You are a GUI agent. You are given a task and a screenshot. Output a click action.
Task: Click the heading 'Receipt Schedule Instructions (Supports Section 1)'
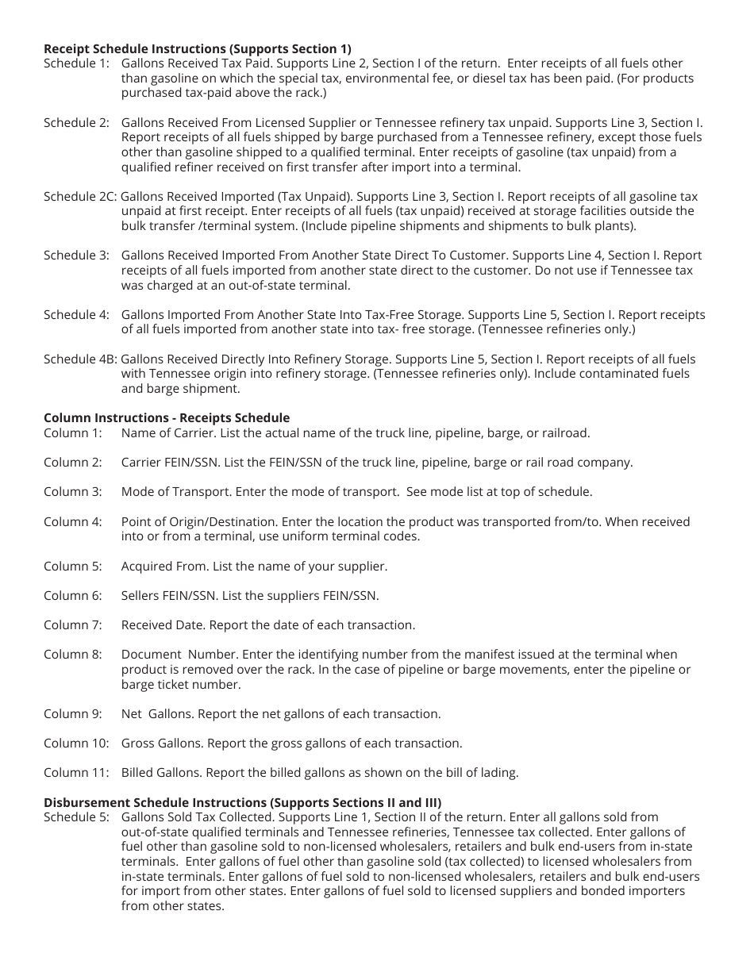click(x=197, y=48)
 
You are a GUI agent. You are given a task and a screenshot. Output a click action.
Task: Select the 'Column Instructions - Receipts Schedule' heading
click(x=167, y=418)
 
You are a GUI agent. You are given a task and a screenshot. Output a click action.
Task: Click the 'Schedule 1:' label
click(x=76, y=63)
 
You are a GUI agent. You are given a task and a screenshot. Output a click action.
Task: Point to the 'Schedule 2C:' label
click(x=80, y=197)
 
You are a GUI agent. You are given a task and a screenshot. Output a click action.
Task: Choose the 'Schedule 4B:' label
click(x=80, y=359)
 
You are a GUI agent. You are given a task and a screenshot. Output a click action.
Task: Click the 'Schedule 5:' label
click(x=76, y=817)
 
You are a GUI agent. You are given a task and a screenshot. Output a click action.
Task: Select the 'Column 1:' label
click(x=73, y=433)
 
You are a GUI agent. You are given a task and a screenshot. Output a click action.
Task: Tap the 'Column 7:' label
click(x=73, y=625)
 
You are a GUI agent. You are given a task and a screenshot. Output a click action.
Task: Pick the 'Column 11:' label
click(x=76, y=773)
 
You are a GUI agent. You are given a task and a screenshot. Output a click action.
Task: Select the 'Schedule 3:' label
click(x=76, y=256)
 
